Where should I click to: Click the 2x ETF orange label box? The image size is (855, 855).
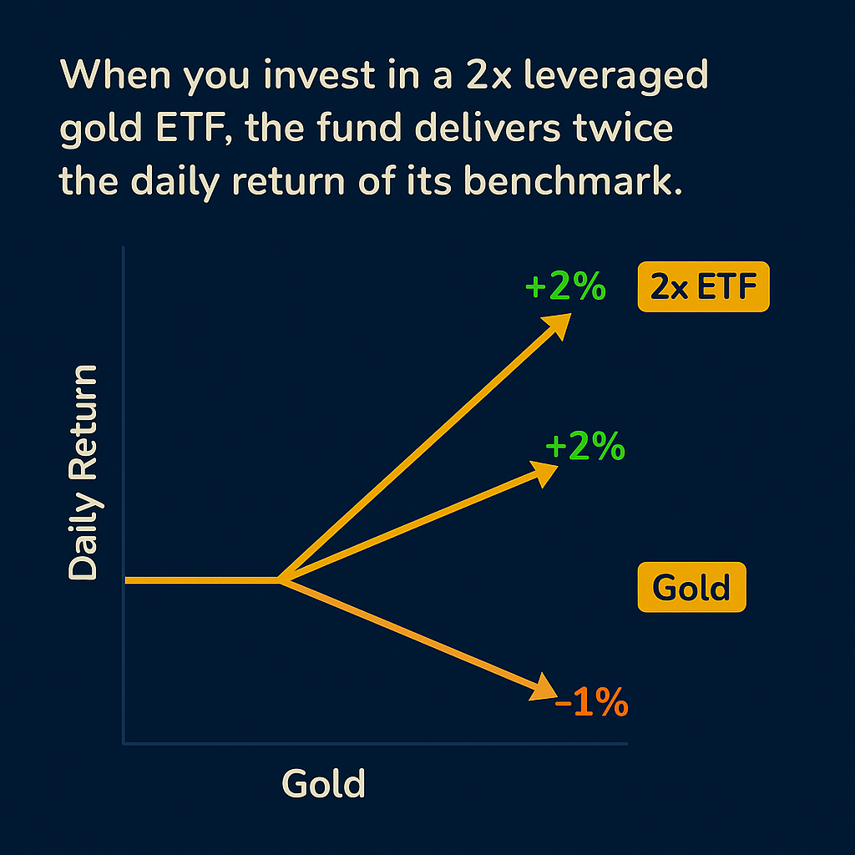(703, 287)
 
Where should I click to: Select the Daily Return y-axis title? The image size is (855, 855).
(83, 472)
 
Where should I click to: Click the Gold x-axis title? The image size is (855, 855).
(324, 783)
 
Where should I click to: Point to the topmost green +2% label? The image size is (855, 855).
(564, 287)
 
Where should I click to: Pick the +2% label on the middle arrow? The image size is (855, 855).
(584, 448)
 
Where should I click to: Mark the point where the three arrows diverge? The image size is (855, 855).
(280, 579)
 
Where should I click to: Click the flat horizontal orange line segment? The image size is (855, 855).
(200, 579)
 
